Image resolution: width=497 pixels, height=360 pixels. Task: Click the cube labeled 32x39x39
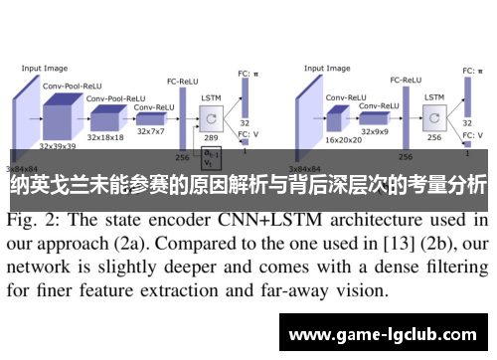coord(60,115)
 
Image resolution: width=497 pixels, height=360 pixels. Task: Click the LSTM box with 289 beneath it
coord(212,118)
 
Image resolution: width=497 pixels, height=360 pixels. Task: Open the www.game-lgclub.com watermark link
coord(382,333)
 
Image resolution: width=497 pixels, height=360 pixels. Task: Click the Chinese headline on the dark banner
coord(248,184)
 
